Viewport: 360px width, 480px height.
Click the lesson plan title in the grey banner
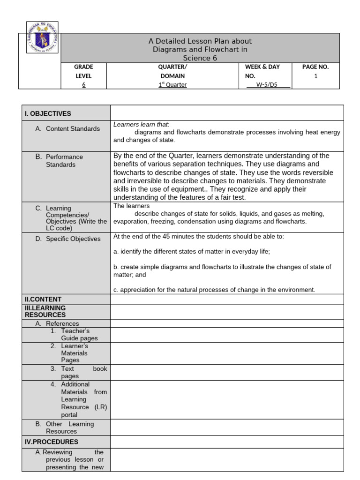pyautogui.click(x=200, y=50)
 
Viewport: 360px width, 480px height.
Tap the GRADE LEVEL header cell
pyautogui.click(x=83, y=71)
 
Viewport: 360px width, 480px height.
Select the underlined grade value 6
pyautogui.click(x=83, y=85)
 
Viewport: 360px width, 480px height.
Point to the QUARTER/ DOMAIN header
pyautogui.click(x=172, y=71)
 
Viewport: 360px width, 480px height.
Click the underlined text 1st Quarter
pyautogui.click(x=172, y=85)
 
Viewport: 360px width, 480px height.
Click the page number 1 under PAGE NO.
pyautogui.click(x=315, y=76)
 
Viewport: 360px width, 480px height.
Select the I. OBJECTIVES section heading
pyautogui.click(x=48, y=113)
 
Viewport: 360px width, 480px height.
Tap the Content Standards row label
pyautogui.click(x=72, y=129)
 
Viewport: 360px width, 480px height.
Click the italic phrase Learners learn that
pyautogui.click(x=141, y=125)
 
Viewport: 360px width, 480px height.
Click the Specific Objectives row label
pyautogui.click(x=73, y=239)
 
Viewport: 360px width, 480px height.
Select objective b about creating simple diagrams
pyautogui.click(x=222, y=271)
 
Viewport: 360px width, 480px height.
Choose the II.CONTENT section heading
pyautogui.click(x=43, y=299)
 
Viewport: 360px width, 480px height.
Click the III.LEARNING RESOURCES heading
pyautogui.click(x=45, y=311)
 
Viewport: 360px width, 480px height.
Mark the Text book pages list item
pyautogui.click(x=79, y=372)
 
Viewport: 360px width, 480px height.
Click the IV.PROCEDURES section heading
pyautogui.click(x=52, y=442)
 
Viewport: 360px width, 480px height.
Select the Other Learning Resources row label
pyautogui.click(x=69, y=427)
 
